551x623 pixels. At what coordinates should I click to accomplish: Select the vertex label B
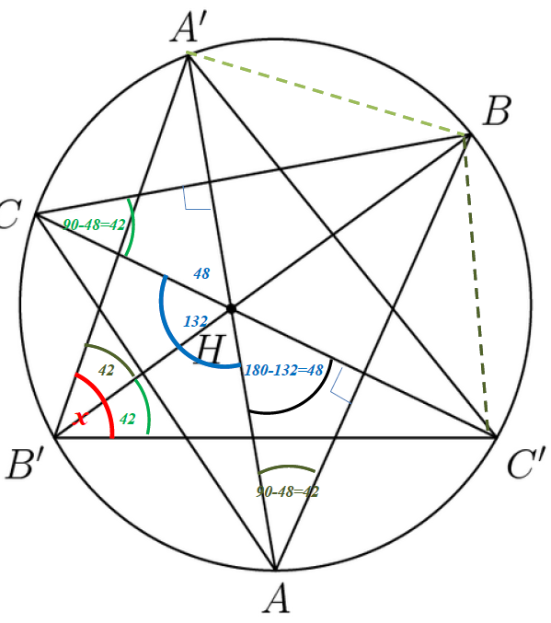[497, 110]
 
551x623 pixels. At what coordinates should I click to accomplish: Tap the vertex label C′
[526, 463]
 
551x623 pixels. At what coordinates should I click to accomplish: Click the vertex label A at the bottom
[276, 598]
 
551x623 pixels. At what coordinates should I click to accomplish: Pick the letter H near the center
[210, 349]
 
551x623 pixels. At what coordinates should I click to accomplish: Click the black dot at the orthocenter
[231, 308]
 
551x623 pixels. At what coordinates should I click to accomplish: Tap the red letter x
[81, 418]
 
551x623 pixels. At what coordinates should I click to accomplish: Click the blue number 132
[195, 321]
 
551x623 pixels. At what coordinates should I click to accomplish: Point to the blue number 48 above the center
[201, 273]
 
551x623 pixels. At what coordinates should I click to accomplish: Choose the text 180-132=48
[283, 370]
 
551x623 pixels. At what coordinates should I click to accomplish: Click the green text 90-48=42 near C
[94, 225]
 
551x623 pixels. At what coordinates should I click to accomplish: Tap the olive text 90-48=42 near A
[287, 492]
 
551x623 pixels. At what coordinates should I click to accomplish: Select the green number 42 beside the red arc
[128, 419]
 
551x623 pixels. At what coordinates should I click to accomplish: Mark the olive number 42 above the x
[106, 370]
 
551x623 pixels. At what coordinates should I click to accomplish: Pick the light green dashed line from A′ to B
[327, 93]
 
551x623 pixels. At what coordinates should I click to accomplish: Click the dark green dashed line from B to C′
[476, 283]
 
